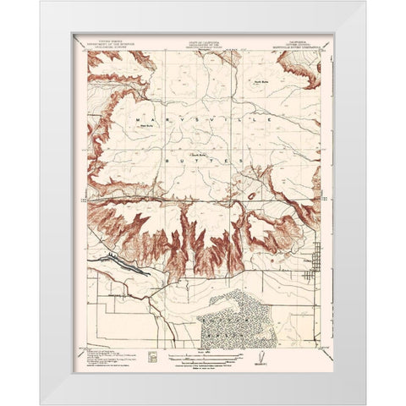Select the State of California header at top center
[202, 41]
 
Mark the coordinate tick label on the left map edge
[81, 201]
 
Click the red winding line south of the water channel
[127, 292]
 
